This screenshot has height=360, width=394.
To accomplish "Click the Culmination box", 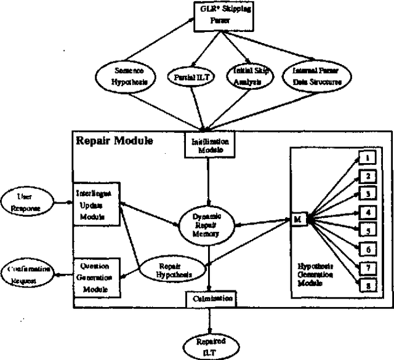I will pyautogui.click(x=210, y=299).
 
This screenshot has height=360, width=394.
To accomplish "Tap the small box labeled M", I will pyautogui.click(x=297, y=219).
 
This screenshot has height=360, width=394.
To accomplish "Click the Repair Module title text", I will pyautogui.click(x=114, y=140).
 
